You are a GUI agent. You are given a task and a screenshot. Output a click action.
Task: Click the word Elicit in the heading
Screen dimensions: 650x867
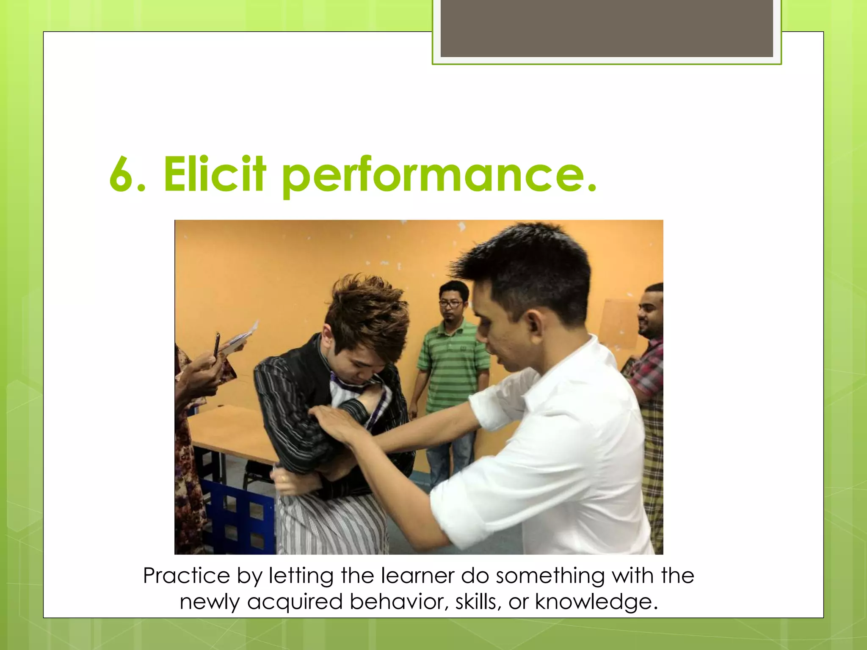214,174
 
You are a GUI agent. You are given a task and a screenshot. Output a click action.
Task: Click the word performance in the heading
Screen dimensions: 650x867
439,174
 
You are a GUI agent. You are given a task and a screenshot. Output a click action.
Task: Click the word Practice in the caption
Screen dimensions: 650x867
187,576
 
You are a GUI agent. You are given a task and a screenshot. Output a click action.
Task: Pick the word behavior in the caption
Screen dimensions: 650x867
398,602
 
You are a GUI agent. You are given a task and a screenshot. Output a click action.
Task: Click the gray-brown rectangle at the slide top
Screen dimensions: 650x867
606,28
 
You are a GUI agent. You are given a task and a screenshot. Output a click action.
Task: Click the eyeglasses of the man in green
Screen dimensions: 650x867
450,303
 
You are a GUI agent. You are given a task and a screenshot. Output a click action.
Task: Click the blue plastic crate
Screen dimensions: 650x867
237,516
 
